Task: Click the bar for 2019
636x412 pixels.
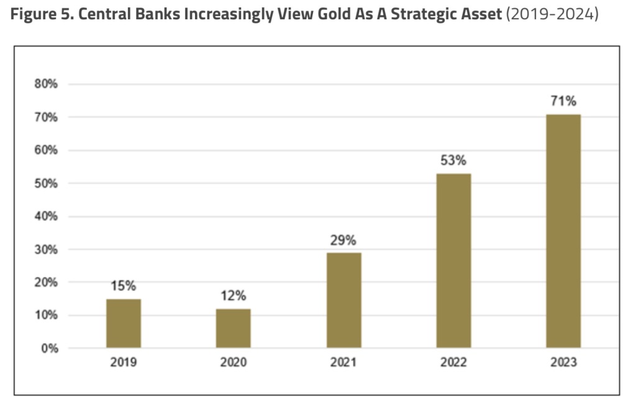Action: pyautogui.click(x=124, y=323)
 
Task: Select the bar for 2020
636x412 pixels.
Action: pyautogui.click(x=234, y=328)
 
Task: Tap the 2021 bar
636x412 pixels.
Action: pyautogui.click(x=343, y=300)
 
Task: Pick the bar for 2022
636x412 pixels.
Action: pyautogui.click(x=453, y=261)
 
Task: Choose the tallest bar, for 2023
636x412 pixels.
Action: pyautogui.click(x=563, y=231)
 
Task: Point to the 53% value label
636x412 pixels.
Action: pyautogui.click(x=453, y=161)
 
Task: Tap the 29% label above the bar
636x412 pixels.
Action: pyautogui.click(x=343, y=240)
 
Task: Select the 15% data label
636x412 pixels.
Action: pyautogui.click(x=124, y=286)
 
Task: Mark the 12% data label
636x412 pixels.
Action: pyautogui.click(x=234, y=296)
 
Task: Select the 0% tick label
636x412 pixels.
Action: pyautogui.click(x=48, y=349)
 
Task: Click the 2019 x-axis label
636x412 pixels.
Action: pyautogui.click(x=124, y=363)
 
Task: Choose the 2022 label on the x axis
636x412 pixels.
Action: pyautogui.click(x=453, y=363)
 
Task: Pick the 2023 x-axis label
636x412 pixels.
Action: pyautogui.click(x=563, y=363)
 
